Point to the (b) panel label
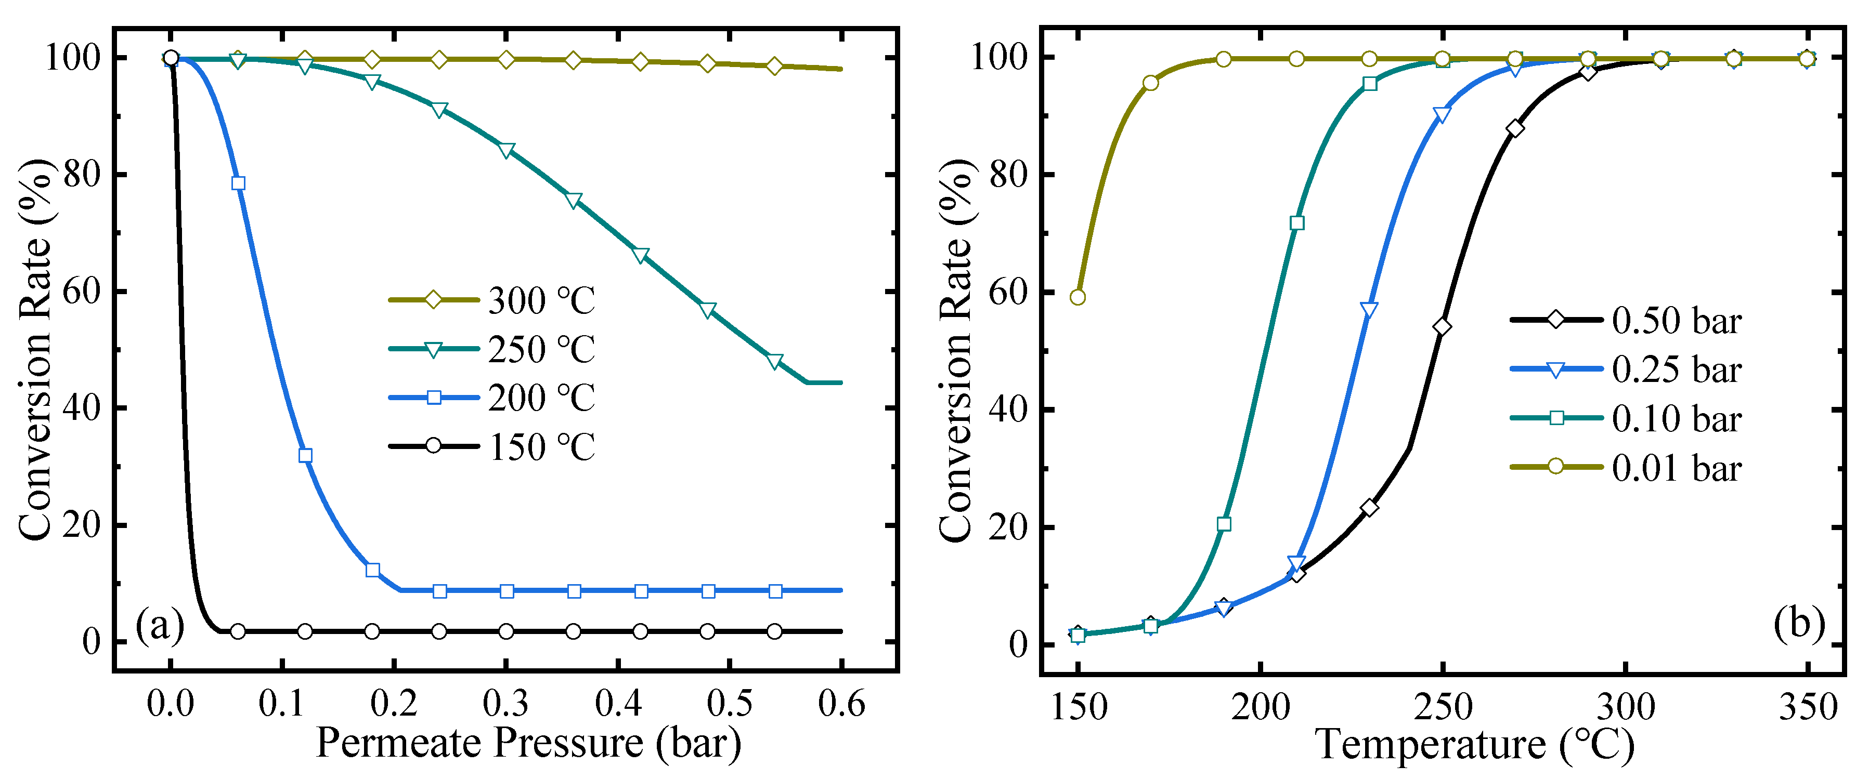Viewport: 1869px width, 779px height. [x=1799, y=623]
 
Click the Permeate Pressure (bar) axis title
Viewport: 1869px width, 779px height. [x=528, y=743]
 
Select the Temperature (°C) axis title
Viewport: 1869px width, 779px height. [x=1474, y=744]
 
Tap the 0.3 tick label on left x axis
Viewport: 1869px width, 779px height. [x=505, y=704]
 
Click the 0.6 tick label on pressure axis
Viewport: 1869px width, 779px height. [x=841, y=704]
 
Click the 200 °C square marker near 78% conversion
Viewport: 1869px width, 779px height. [x=238, y=183]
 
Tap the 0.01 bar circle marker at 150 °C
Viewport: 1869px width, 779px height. [x=1078, y=297]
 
